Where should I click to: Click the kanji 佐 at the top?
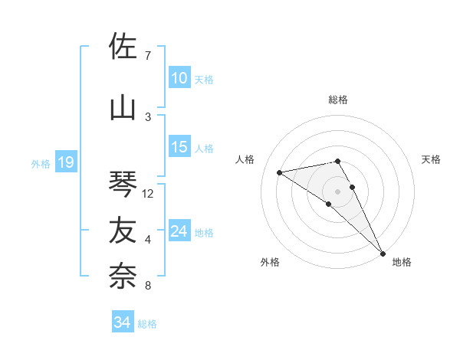pyautogui.click(x=123, y=47)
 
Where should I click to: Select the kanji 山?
pyautogui.click(x=123, y=108)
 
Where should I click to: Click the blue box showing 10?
pyautogui.click(x=179, y=78)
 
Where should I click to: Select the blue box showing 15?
pyautogui.click(x=179, y=147)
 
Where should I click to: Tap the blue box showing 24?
pyautogui.click(x=179, y=231)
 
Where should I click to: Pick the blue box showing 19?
pyautogui.click(x=65, y=162)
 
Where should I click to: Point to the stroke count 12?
pyautogui.click(x=149, y=194)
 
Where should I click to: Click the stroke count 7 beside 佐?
pyautogui.click(x=148, y=56)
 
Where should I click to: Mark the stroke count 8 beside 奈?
pyautogui.click(x=148, y=286)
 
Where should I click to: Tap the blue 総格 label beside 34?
pyautogui.click(x=147, y=324)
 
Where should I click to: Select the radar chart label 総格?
pyautogui.click(x=338, y=100)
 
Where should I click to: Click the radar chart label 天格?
pyautogui.click(x=432, y=159)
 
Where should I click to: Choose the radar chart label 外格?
pyautogui.click(x=270, y=262)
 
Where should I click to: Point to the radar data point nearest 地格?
pyautogui.click(x=383, y=253)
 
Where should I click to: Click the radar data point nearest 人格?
pyautogui.click(x=280, y=172)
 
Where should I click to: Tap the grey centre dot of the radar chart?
pyautogui.click(x=337, y=190)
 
